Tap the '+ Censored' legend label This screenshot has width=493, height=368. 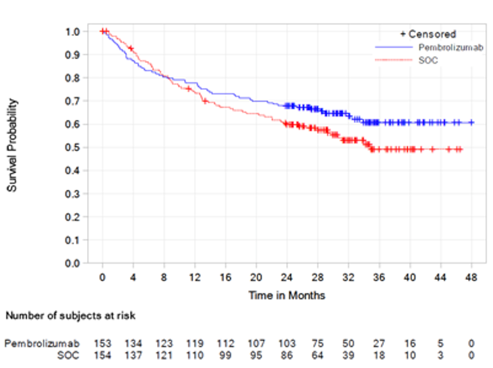pyautogui.click(x=428, y=34)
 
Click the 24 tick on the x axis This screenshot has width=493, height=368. pyautogui.click(x=287, y=277)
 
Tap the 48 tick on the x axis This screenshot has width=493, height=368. pyautogui.click(x=472, y=277)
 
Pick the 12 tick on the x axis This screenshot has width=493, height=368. pyautogui.click(x=195, y=277)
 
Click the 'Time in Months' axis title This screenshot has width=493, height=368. pyautogui.click(x=287, y=296)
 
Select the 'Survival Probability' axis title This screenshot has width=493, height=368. pyautogui.click(x=13, y=147)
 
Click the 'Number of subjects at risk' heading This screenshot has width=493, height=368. pyautogui.click(x=70, y=316)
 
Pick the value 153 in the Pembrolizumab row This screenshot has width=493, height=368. pyautogui.click(x=102, y=344)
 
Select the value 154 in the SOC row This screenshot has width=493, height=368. pyautogui.click(x=102, y=355)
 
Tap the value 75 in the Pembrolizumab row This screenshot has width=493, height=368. pyautogui.click(x=318, y=344)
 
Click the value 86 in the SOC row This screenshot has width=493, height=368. pyautogui.click(x=287, y=355)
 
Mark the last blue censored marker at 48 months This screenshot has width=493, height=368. pyautogui.click(x=472, y=122)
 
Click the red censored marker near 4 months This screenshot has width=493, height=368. pyautogui.click(x=131, y=49)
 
